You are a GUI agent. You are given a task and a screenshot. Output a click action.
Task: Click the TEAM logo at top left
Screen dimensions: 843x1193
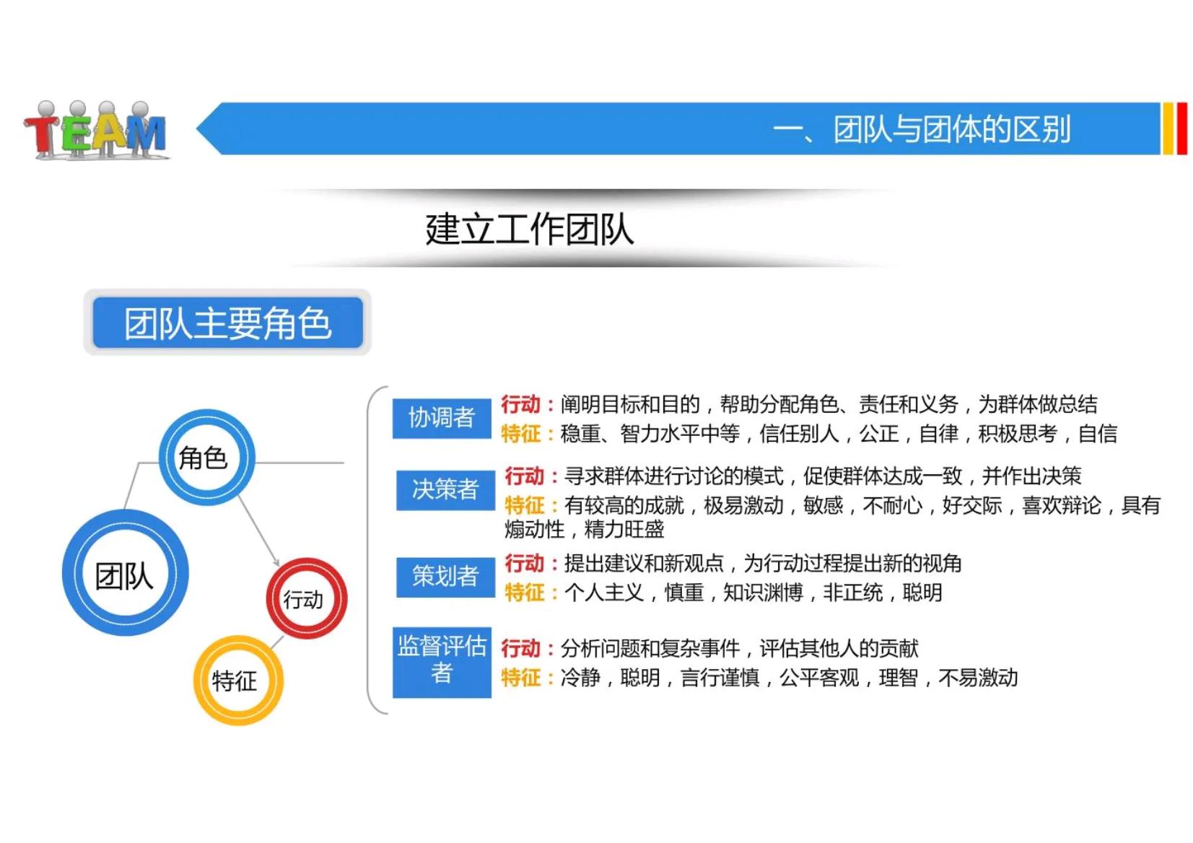pos(96,130)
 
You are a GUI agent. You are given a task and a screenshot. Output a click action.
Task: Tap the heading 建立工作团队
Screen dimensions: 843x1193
pos(529,230)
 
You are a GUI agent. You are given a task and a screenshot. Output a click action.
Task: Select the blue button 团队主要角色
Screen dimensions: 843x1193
pos(227,323)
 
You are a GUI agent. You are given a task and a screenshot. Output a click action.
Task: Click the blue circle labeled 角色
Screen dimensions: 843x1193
pos(206,458)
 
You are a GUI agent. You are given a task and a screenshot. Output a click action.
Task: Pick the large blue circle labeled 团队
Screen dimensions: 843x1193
pos(125,575)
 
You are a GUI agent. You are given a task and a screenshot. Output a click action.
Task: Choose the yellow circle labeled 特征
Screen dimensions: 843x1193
pos(237,680)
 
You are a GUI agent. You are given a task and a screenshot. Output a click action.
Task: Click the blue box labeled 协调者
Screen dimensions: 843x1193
pos(441,417)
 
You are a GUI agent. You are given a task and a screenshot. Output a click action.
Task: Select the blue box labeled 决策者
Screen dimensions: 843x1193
pos(445,489)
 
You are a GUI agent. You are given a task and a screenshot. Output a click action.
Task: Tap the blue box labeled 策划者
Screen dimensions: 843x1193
pos(445,576)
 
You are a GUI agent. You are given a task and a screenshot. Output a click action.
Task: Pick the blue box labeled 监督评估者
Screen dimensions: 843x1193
pos(442,660)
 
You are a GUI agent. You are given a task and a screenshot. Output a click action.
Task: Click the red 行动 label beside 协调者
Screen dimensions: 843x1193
pos(520,404)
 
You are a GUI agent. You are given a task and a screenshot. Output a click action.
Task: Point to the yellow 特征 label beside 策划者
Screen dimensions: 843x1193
pos(524,593)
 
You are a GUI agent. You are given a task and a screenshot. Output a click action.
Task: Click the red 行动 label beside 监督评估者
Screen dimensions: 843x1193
pos(520,648)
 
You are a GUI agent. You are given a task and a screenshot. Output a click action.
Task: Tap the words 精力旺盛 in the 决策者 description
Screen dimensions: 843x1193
pos(624,529)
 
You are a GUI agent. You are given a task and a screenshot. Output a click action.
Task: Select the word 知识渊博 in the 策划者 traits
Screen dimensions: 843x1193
pos(763,593)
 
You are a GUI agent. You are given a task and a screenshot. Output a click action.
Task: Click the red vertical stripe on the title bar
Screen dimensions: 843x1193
pos(1181,129)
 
